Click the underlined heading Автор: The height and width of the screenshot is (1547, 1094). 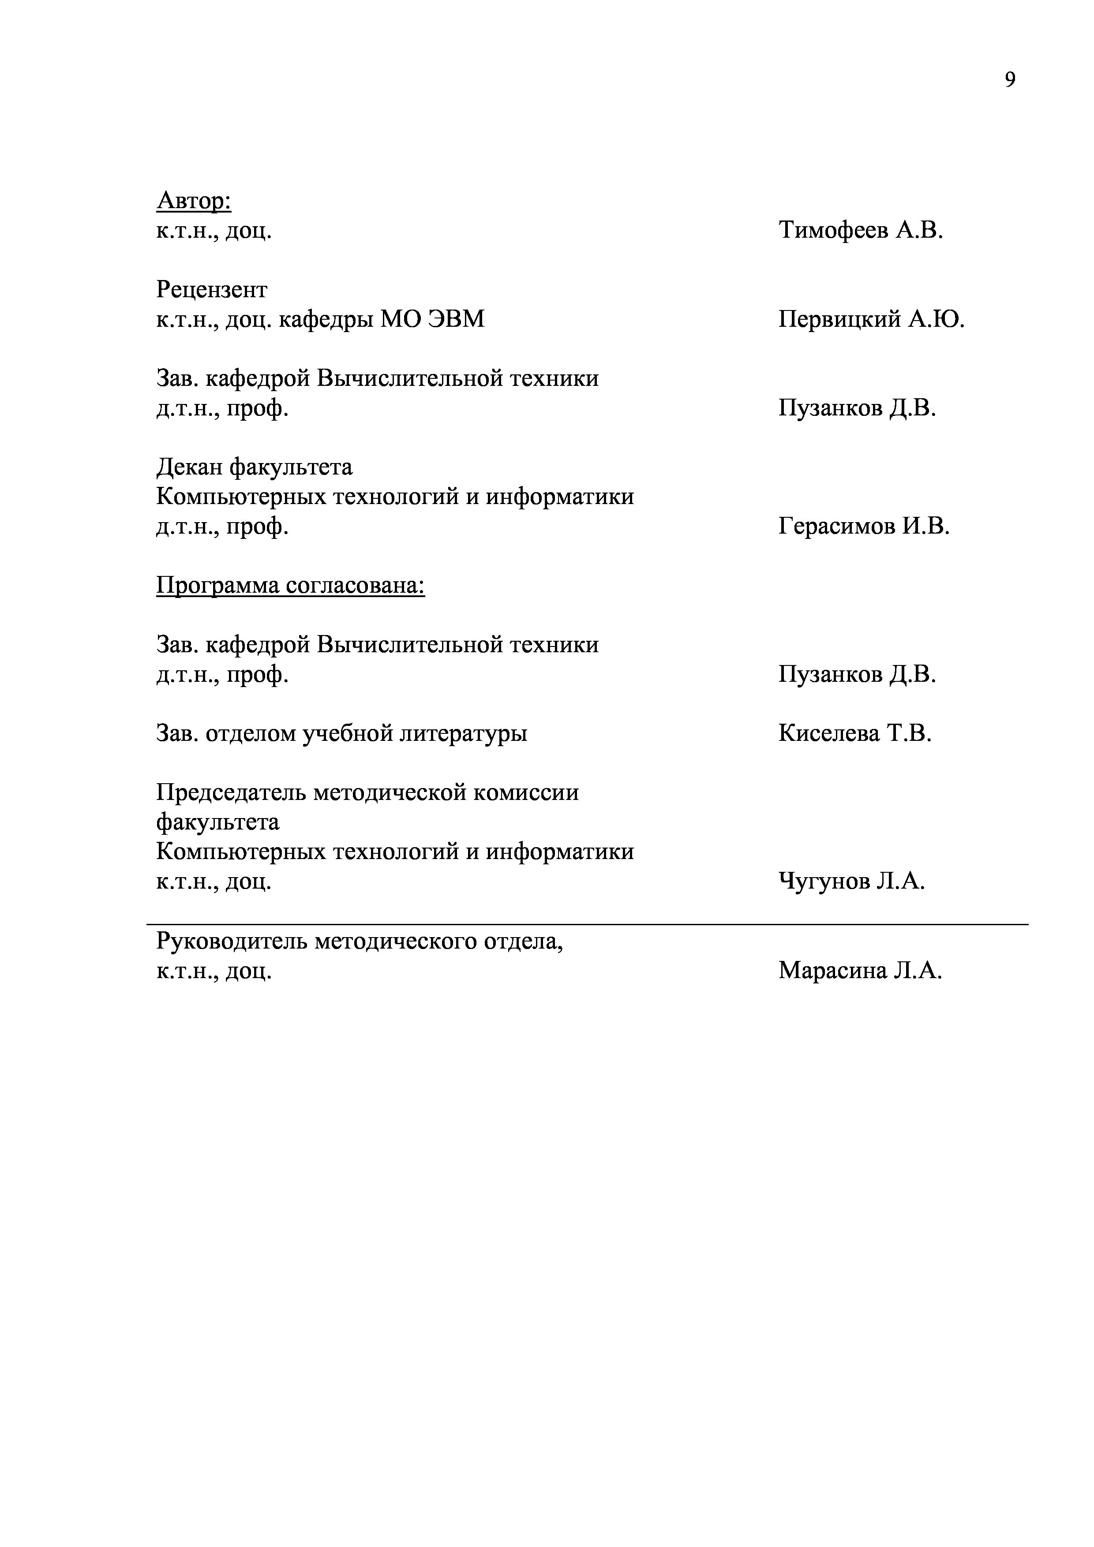(194, 200)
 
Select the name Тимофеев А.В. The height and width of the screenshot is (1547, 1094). (860, 231)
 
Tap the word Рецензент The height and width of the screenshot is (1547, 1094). (212, 290)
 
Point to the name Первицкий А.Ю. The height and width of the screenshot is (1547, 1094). (871, 319)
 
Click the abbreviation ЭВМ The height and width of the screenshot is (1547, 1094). (456, 319)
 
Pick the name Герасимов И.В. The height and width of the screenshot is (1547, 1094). (863, 526)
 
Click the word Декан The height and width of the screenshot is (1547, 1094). (189, 467)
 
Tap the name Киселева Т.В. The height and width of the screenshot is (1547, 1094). (854, 733)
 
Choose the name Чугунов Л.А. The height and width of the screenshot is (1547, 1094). (851, 881)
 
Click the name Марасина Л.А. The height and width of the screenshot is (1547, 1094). (859, 970)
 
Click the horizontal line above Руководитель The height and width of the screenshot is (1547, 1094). (586, 924)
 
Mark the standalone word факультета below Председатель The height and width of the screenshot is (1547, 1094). (217, 822)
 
